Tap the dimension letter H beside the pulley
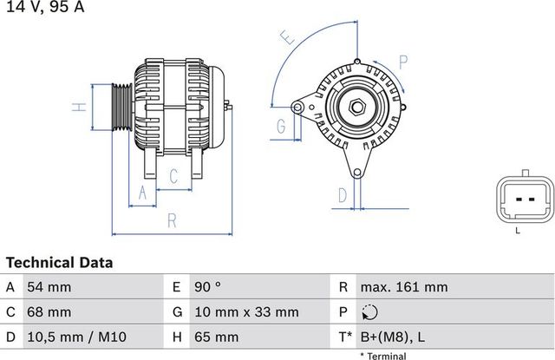click(x=79, y=108)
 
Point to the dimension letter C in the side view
click(x=173, y=176)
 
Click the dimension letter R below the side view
click(x=172, y=221)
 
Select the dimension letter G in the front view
click(x=281, y=127)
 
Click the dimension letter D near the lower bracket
click(x=343, y=194)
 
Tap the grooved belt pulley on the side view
click(x=121, y=108)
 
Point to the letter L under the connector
click(x=518, y=230)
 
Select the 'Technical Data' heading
click(x=59, y=262)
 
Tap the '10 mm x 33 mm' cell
click(x=247, y=311)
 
